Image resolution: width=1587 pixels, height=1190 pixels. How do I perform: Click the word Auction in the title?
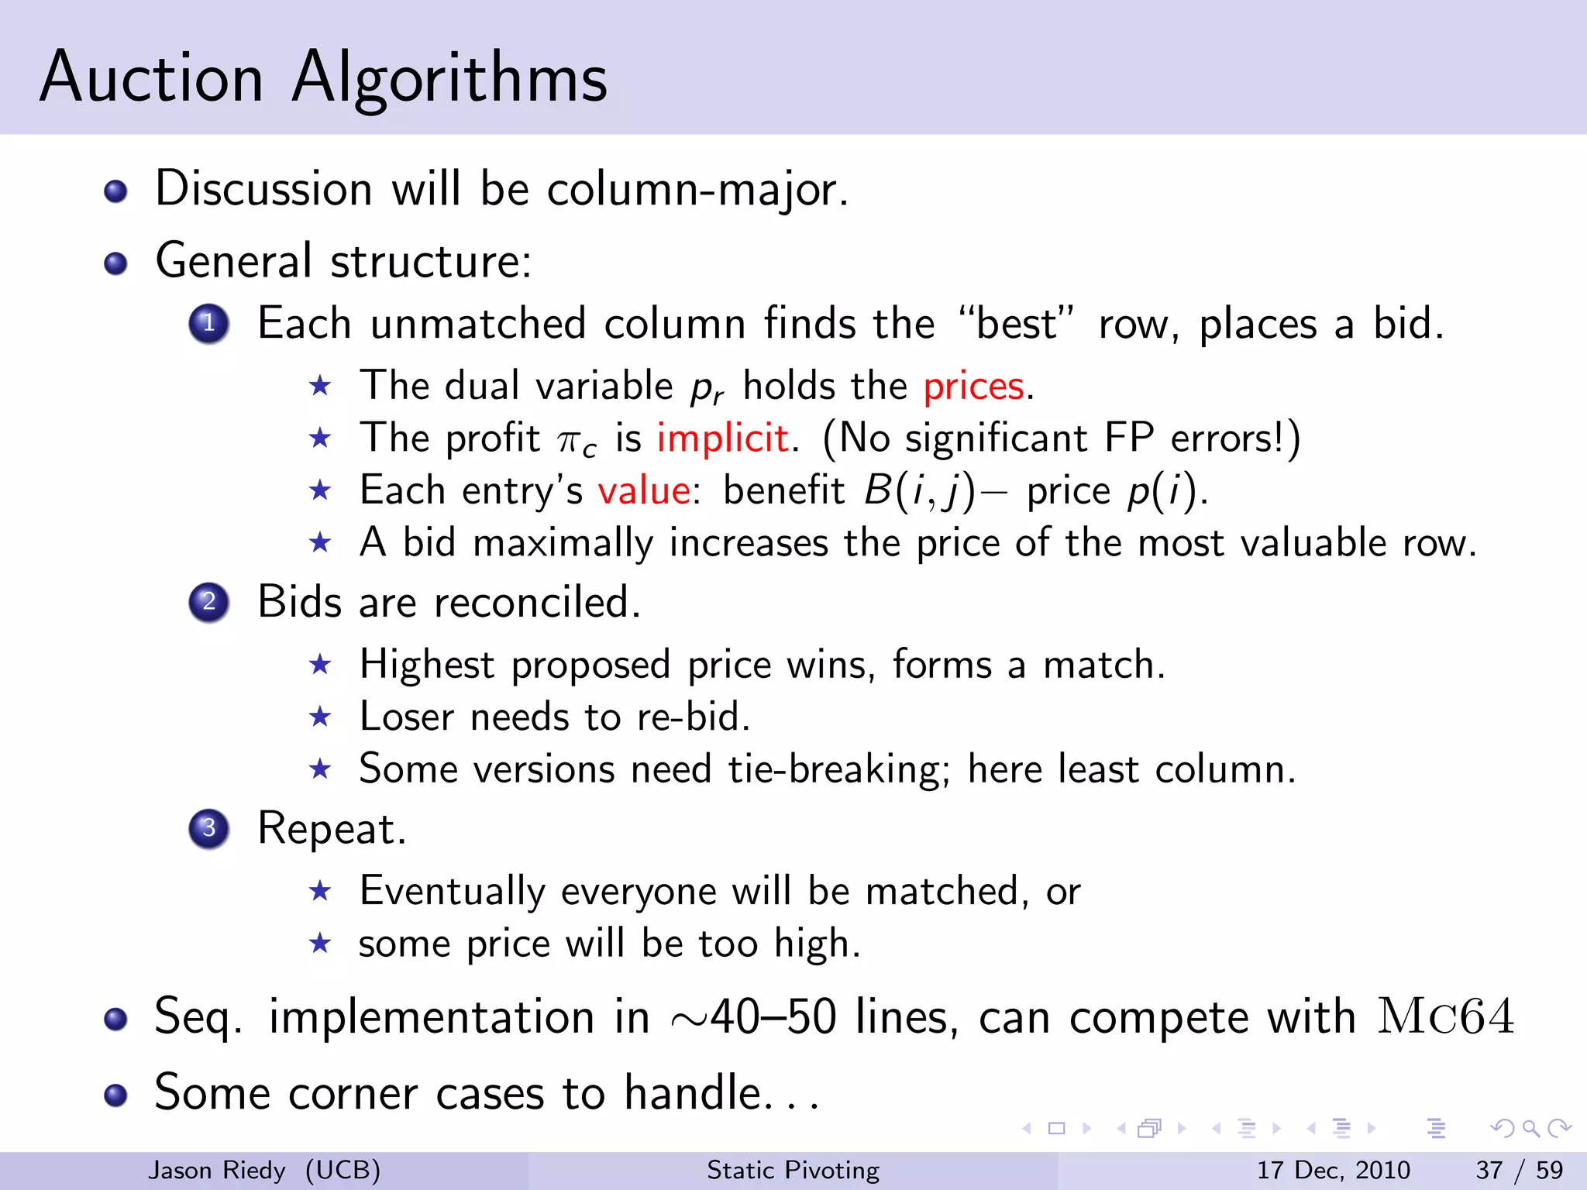tap(152, 77)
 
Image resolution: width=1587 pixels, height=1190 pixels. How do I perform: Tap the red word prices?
tap(973, 386)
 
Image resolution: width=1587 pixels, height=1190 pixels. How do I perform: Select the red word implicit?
tap(722, 439)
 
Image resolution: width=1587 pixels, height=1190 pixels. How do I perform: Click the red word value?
tap(644, 490)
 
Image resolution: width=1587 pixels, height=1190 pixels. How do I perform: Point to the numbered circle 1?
tap(208, 324)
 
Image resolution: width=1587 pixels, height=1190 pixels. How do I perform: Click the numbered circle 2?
tap(208, 602)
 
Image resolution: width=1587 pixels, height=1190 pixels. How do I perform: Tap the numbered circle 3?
tap(208, 828)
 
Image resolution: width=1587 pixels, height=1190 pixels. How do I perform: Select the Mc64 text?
tap(1445, 1016)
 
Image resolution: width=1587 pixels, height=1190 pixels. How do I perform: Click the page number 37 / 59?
tap(1519, 1170)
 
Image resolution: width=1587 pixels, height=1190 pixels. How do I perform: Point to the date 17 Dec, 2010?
tap(1333, 1170)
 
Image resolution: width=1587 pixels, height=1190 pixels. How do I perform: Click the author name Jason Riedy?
tap(217, 1170)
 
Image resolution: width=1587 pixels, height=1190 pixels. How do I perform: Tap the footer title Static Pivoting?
tap(793, 1170)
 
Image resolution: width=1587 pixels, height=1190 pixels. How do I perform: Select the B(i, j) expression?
tap(919, 491)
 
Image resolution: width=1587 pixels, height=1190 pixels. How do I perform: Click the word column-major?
tap(697, 189)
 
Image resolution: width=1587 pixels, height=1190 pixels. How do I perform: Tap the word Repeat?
tap(331, 828)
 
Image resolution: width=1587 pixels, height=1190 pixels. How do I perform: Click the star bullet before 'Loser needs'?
tap(320, 717)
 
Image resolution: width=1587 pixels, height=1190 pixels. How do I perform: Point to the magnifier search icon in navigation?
tap(1530, 1129)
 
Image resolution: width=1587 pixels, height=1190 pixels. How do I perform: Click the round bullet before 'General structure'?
tap(115, 263)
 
